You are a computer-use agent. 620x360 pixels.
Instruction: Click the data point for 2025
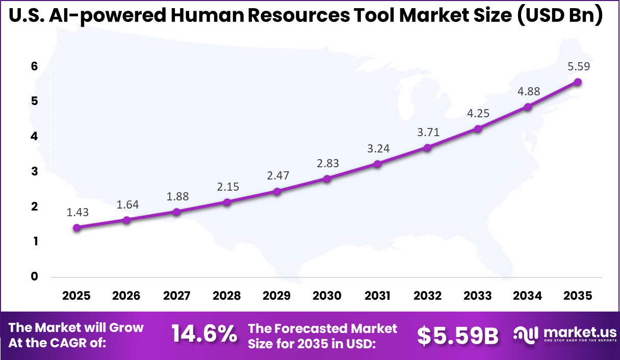76,227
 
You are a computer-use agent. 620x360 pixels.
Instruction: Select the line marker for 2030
327,178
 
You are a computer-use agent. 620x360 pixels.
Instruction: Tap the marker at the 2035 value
578,82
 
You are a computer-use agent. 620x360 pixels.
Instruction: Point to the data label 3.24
377,149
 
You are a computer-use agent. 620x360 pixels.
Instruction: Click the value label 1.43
77,213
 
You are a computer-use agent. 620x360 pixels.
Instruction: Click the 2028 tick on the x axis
227,296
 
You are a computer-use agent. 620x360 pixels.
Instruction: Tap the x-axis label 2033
478,296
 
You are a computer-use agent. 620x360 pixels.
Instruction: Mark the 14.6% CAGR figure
204,335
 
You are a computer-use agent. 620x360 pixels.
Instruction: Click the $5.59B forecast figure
457,335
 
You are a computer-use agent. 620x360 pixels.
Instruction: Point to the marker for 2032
427,147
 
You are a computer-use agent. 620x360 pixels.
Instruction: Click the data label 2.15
227,187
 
